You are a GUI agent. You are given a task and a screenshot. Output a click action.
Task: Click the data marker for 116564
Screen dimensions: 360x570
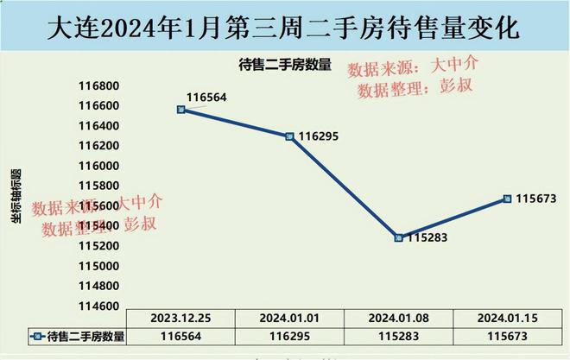tap(180, 110)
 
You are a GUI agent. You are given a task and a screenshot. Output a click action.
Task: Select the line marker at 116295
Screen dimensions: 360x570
tap(289, 136)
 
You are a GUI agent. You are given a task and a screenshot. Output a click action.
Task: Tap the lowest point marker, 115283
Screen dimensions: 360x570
tap(398, 237)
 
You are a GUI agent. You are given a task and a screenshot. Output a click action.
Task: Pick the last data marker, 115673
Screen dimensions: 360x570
tap(507, 199)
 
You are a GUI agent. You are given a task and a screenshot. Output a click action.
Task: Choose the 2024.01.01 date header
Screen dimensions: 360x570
tap(289, 318)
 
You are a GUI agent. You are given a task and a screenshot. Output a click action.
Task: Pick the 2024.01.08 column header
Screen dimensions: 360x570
tap(398, 318)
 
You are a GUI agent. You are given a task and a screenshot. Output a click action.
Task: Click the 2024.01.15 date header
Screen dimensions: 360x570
tap(507, 318)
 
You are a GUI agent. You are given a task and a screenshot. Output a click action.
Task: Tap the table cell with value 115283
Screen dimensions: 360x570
tap(398, 337)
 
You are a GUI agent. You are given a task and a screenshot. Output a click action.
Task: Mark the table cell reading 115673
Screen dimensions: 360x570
tap(507, 337)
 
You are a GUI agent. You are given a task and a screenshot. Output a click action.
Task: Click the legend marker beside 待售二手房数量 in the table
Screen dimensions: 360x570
tap(36, 337)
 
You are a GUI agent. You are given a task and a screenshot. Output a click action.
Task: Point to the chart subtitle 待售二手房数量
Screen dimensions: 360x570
tap(285, 63)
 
